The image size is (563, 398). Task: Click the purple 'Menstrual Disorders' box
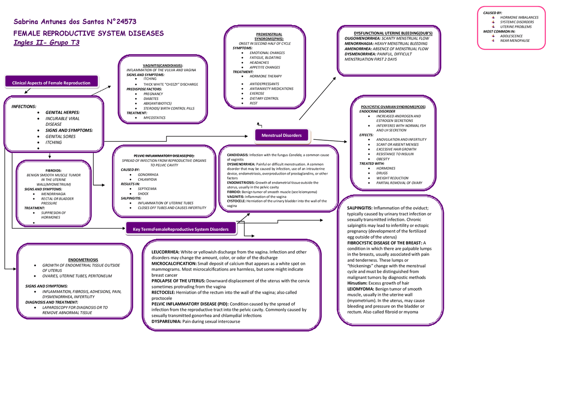(x=281, y=135)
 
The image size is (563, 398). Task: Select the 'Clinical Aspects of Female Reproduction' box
(x=51, y=83)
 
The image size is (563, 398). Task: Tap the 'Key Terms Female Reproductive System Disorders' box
(x=181, y=229)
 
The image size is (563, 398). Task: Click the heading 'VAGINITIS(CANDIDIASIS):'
(x=163, y=65)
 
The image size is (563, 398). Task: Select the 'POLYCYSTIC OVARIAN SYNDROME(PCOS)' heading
(x=393, y=107)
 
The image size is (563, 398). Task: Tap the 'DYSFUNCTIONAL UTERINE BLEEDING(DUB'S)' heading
(x=393, y=33)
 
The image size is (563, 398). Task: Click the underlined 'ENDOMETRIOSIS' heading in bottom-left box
(x=83, y=260)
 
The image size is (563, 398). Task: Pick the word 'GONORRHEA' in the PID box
(x=148, y=175)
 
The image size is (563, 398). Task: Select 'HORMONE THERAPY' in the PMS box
(x=266, y=76)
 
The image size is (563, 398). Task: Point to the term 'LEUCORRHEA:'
(x=165, y=252)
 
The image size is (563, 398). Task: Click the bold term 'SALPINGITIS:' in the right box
(x=360, y=208)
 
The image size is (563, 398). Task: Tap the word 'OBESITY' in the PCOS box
(x=383, y=159)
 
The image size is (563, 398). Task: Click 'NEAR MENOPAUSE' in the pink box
(x=515, y=40)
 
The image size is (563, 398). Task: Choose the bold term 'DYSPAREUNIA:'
(x=166, y=321)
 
